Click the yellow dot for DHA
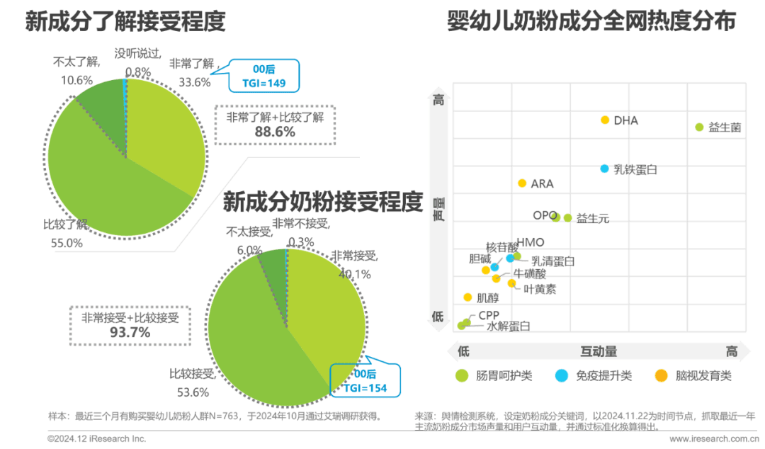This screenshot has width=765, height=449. pos(604,120)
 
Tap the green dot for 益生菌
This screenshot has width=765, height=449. pos(699,127)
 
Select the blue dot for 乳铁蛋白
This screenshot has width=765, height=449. pos(604,169)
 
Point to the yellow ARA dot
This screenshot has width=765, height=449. pos(522,183)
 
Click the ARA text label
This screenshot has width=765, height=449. pos(543,183)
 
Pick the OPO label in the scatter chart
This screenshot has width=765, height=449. pos(542,215)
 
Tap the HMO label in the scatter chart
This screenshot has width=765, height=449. pos(531,242)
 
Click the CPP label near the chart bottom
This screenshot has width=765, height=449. pos(489,314)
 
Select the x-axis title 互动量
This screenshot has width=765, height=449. pos(599,351)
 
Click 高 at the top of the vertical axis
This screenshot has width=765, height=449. pos(438,101)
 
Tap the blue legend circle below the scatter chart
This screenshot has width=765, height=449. pos(562,376)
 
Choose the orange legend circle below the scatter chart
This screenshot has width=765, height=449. pos(662,376)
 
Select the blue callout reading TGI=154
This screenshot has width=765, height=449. pos(365,381)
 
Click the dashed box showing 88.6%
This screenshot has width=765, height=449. pos(275,125)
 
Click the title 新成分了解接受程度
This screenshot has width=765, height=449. pos(125,22)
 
